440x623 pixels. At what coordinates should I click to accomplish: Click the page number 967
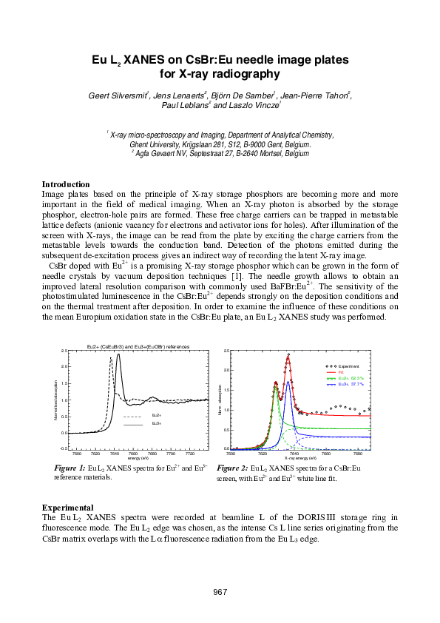pyautogui.click(x=220, y=592)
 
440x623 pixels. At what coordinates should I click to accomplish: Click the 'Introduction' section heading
pyautogui.click(x=66, y=184)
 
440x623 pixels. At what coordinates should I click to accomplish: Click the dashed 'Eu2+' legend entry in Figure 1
pyautogui.click(x=155, y=417)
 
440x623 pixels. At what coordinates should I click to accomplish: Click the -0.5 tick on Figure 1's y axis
pyautogui.click(x=64, y=448)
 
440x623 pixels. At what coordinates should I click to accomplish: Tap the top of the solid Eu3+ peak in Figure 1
pyautogui.click(x=118, y=354)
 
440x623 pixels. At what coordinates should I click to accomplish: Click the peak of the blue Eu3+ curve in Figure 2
pyautogui.click(x=288, y=381)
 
